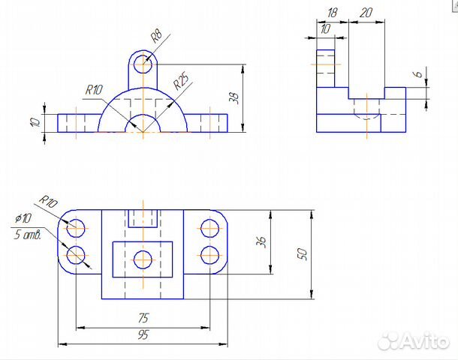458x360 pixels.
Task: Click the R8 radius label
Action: click(x=156, y=36)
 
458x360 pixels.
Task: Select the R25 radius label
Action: click(x=181, y=81)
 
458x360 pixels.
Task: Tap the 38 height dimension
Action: click(x=234, y=98)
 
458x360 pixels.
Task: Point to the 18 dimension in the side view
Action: click(x=332, y=13)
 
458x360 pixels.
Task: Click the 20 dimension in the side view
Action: click(x=366, y=13)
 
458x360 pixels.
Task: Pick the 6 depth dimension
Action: click(x=418, y=74)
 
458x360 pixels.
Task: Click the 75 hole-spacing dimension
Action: click(x=143, y=318)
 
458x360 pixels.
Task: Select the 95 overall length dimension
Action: click(x=143, y=335)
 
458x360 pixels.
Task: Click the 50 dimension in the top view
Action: click(x=303, y=254)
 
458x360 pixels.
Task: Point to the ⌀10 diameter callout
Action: click(x=23, y=218)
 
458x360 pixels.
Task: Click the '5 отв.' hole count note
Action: click(x=28, y=234)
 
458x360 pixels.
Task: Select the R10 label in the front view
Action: click(x=94, y=90)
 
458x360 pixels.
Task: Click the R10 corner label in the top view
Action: click(x=49, y=201)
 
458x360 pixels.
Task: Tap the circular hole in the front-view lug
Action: click(x=143, y=64)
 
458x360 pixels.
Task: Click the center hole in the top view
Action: click(x=143, y=259)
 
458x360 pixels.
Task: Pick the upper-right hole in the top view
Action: click(x=210, y=229)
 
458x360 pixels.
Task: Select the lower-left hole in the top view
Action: click(x=76, y=255)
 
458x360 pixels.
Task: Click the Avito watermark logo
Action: click(x=414, y=340)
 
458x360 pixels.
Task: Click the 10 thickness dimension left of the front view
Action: click(x=35, y=122)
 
